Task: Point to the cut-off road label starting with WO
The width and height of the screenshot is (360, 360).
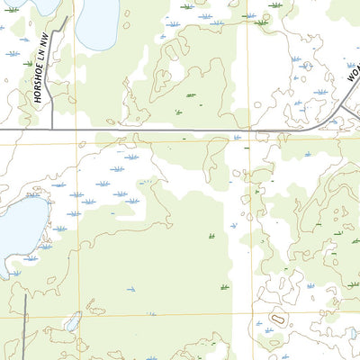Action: tap(350, 71)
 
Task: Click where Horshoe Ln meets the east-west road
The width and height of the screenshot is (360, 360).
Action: tap(53, 130)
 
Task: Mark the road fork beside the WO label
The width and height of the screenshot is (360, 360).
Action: tap(336, 120)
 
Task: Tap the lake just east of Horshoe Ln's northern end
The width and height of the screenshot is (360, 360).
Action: tap(96, 23)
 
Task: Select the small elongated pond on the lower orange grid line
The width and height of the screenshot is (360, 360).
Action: tap(73, 321)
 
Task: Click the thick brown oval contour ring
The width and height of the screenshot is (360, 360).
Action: tap(276, 319)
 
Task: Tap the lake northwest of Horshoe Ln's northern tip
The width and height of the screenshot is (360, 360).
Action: tap(45, 4)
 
